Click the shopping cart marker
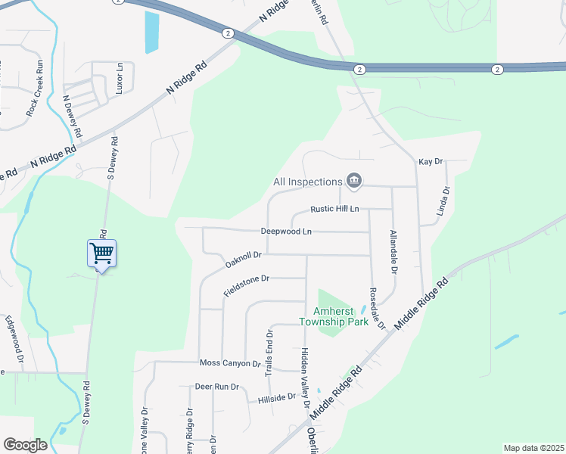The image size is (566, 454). point(101,253)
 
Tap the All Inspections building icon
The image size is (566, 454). point(353,181)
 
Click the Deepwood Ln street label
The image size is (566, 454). point(286,231)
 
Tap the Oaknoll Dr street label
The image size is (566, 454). point(243,260)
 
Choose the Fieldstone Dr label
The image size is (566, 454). point(247,285)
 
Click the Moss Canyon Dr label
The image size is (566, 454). point(229,363)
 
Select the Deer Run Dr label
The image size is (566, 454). point(216,386)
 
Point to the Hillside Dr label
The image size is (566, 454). point(276,397)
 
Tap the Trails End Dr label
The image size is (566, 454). point(268,354)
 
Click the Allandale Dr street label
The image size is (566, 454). point(393,250)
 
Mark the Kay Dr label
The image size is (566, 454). point(430,162)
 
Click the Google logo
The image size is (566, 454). point(25,444)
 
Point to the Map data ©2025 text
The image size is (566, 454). point(534,448)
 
